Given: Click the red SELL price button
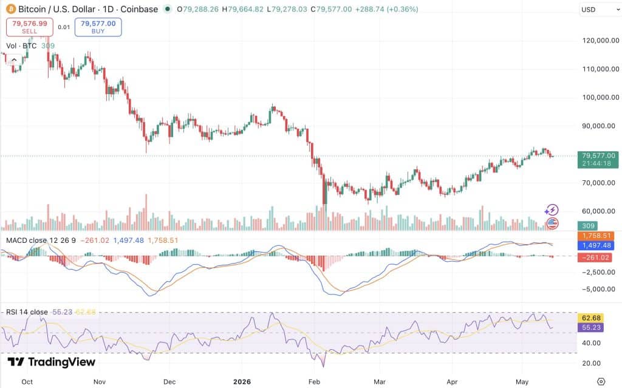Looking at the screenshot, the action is click(x=29, y=27).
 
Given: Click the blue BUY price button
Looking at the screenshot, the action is click(x=98, y=27).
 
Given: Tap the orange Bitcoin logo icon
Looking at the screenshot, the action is click(x=11, y=9).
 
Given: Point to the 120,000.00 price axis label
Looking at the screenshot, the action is click(x=601, y=41).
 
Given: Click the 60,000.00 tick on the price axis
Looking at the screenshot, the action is click(x=601, y=211).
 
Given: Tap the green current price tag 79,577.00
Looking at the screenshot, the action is click(x=598, y=159).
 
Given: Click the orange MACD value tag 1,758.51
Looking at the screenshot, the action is click(x=596, y=236).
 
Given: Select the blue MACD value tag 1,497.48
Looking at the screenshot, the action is click(x=596, y=245).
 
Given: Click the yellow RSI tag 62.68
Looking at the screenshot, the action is click(x=591, y=318).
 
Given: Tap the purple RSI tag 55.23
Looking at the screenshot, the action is click(x=591, y=327).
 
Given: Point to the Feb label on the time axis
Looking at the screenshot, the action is click(x=314, y=382).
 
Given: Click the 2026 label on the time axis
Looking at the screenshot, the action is click(x=242, y=382).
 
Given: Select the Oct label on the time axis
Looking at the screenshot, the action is click(x=27, y=382).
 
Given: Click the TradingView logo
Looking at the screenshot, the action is click(x=52, y=362).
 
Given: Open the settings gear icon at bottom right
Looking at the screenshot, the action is click(x=601, y=382).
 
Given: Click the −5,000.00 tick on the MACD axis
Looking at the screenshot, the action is click(x=598, y=289).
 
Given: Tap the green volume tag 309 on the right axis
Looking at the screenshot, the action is click(x=588, y=226).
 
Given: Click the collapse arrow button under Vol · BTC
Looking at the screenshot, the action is click(x=14, y=60).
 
